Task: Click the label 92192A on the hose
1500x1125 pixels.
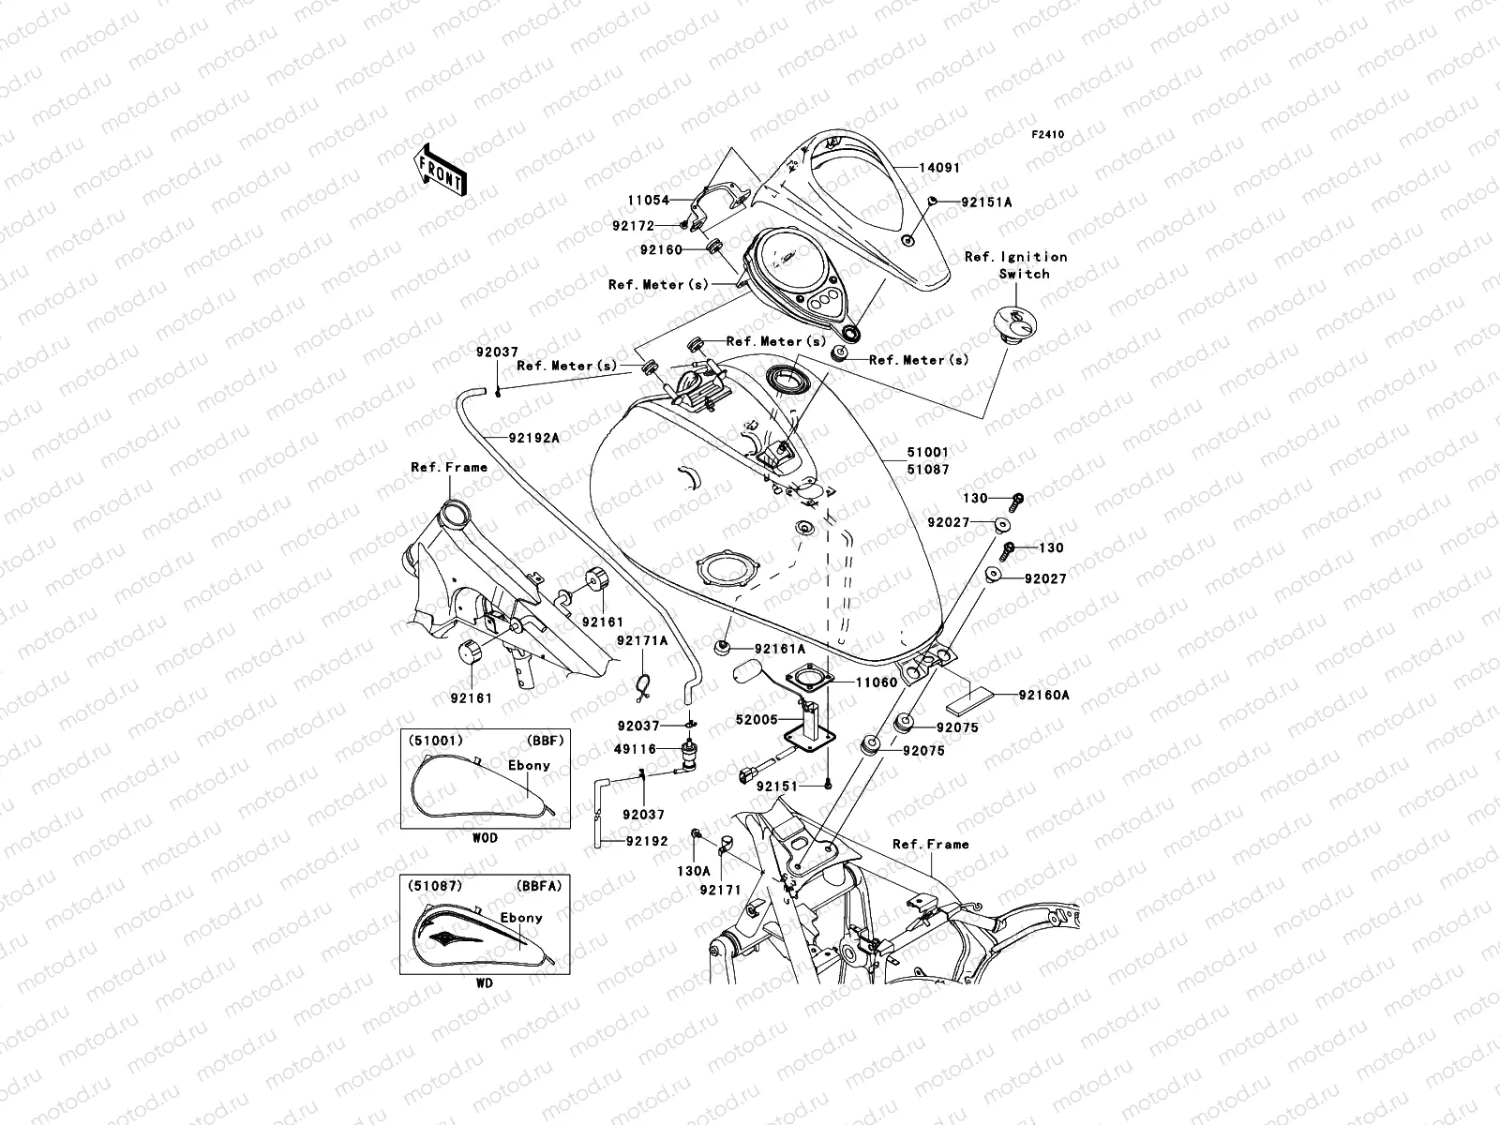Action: click(534, 438)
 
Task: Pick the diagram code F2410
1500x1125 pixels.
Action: click(1049, 135)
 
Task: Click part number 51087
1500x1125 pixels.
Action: click(927, 469)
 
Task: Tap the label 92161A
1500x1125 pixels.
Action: click(781, 649)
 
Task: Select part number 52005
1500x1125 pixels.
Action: click(758, 721)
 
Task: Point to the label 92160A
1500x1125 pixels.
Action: click(1045, 696)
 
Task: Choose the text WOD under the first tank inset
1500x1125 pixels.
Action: click(485, 839)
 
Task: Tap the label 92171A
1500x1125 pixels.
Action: click(642, 640)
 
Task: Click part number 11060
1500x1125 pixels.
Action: click(876, 683)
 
